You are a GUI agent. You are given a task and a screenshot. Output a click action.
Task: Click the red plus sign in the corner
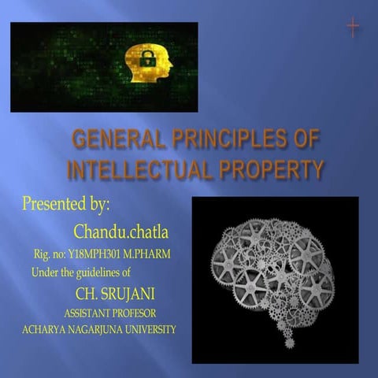(352, 28)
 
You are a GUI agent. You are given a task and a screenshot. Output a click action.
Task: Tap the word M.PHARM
(149, 255)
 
